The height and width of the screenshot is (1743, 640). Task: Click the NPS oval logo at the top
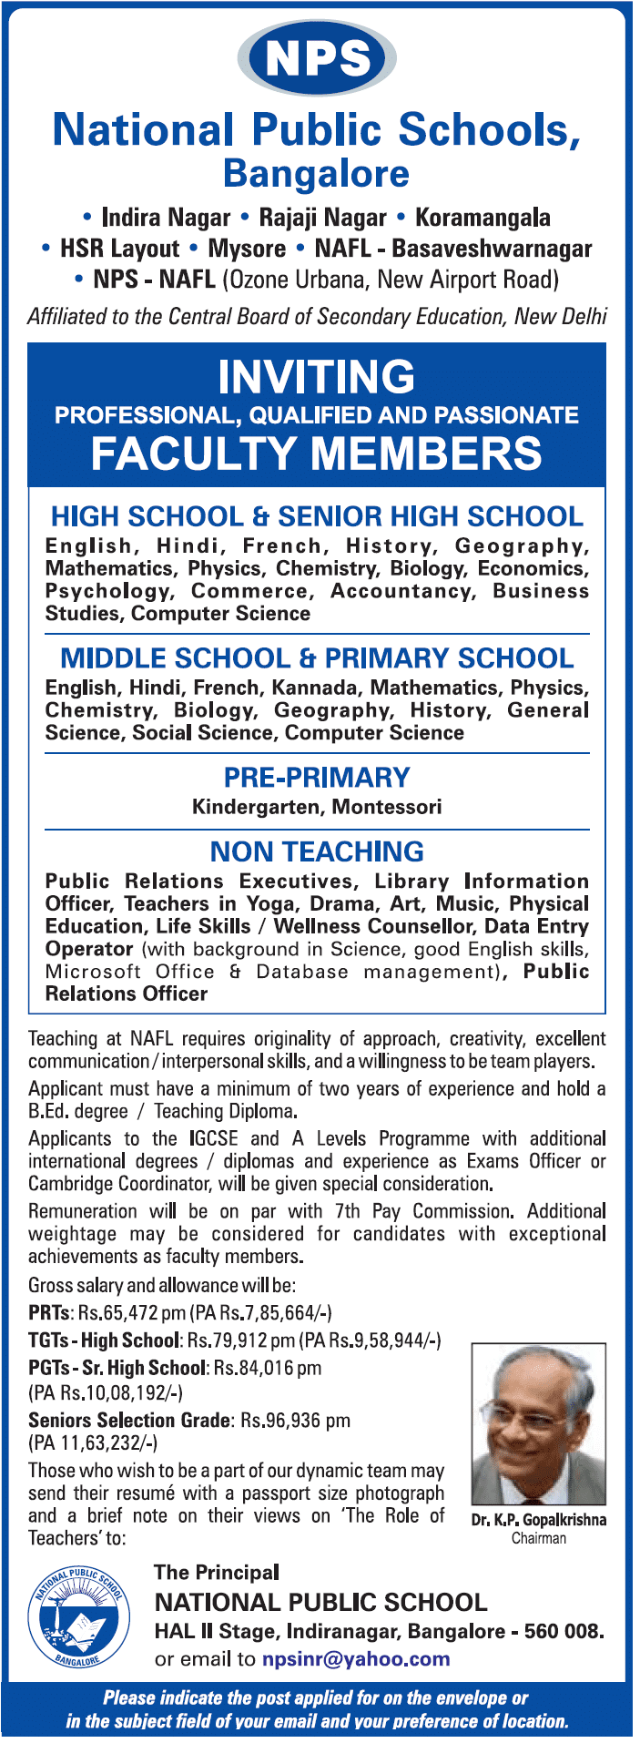tap(317, 58)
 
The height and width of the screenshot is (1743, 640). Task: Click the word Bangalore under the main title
tap(317, 174)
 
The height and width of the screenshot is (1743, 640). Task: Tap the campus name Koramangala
tap(483, 218)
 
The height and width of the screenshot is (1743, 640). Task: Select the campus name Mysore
tap(247, 249)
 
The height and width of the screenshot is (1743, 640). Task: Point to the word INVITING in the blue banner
tap(317, 376)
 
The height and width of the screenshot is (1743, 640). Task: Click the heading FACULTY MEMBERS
tap(317, 454)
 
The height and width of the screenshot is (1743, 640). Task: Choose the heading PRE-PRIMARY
tap(317, 778)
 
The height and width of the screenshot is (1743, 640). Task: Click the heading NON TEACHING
tap(317, 851)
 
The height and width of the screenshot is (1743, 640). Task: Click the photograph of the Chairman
tap(538, 1425)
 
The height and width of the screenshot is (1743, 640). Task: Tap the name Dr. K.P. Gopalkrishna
tap(539, 1520)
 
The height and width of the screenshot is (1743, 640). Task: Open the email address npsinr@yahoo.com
tap(356, 1659)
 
